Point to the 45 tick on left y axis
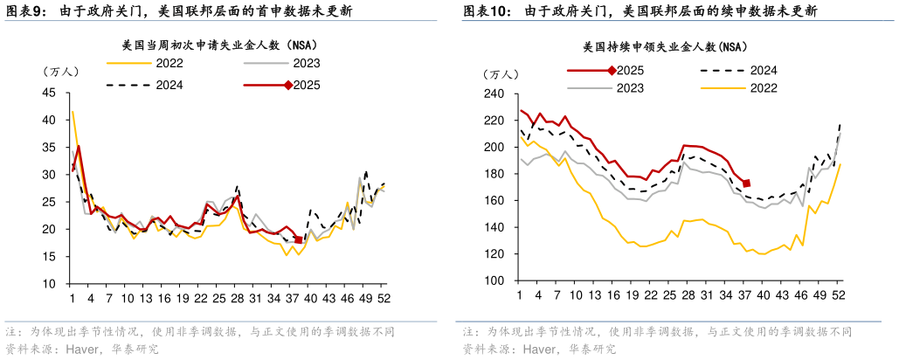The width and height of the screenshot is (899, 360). (x=49, y=93)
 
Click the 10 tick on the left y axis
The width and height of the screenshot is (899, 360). (x=49, y=284)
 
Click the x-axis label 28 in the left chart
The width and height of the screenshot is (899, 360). (x=236, y=299)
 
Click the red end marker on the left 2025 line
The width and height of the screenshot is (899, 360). (x=299, y=239)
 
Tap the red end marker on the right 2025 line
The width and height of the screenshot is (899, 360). (x=746, y=183)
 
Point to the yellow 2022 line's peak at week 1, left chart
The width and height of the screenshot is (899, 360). (x=73, y=112)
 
